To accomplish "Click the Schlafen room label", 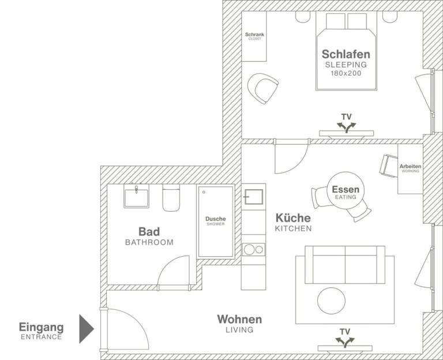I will coord(346,54).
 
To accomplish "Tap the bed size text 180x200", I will coord(346,73).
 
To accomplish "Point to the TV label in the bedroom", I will coord(346,117).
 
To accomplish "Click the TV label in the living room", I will coord(344,332).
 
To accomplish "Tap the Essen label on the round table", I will coord(346,190).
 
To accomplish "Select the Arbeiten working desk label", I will coord(410,167).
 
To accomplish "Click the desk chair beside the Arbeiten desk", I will coord(387,164).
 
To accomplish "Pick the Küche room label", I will coord(293,218).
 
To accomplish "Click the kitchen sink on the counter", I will coord(253,197).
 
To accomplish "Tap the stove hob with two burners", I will coord(253,249).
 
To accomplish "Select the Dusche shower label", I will coord(216,219).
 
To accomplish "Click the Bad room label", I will coord(149,232).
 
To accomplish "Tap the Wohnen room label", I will coord(239,319).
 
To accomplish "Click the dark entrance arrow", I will coord(87,328).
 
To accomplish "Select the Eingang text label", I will coord(41,327).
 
